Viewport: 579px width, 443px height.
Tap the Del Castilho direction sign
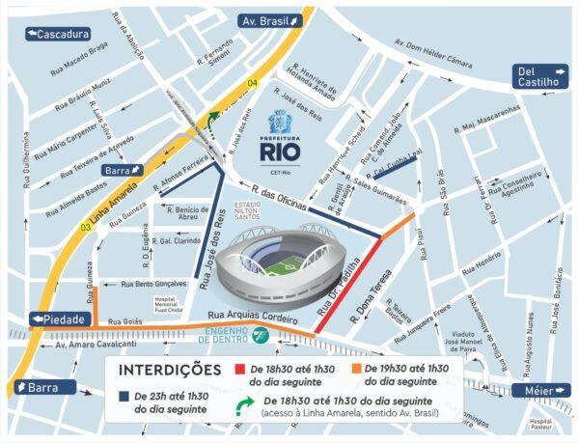[x=538, y=76]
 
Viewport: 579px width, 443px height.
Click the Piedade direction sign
[x=60, y=318]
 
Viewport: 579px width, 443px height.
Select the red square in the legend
[x=241, y=370]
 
